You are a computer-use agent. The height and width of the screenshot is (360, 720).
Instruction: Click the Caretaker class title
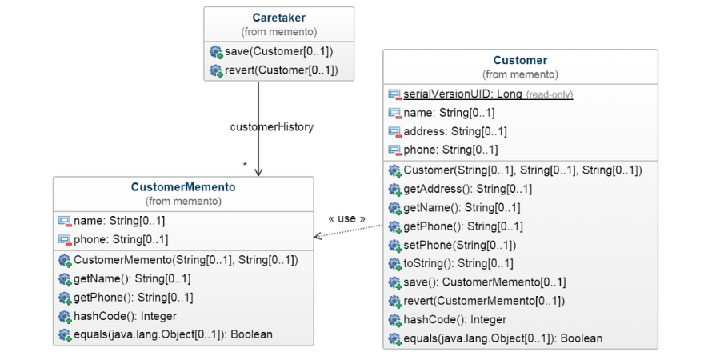(x=278, y=18)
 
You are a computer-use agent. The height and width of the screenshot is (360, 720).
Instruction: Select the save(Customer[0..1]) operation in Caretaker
(x=278, y=52)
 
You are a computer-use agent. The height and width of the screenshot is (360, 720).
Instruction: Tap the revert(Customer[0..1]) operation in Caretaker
(x=281, y=70)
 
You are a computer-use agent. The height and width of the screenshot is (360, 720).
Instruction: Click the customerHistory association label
(x=271, y=126)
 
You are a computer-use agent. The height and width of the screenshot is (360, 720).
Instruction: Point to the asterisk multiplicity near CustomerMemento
(x=245, y=166)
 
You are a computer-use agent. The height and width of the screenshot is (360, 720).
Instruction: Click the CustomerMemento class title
(x=183, y=187)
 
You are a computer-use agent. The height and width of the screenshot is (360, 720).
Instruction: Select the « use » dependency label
(x=346, y=218)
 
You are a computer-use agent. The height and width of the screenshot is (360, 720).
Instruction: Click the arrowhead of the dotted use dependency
(x=318, y=236)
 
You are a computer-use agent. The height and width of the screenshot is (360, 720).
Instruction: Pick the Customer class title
(x=520, y=60)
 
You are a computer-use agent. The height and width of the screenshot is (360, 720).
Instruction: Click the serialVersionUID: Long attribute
(x=462, y=94)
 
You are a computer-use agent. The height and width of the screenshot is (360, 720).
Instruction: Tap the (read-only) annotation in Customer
(x=549, y=94)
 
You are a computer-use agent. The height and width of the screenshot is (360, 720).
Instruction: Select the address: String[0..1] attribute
(x=454, y=131)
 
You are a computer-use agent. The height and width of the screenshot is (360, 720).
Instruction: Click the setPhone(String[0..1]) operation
(x=459, y=245)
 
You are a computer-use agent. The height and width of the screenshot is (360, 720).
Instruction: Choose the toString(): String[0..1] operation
(x=458, y=263)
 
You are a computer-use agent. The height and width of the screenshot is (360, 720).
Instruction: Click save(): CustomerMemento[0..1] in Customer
(x=484, y=282)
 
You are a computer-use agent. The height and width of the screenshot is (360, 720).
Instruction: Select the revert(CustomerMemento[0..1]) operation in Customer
(x=483, y=301)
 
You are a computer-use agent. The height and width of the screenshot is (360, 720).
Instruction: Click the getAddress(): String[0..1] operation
(x=467, y=189)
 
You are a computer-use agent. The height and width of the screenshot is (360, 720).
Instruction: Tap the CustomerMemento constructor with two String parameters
(x=186, y=260)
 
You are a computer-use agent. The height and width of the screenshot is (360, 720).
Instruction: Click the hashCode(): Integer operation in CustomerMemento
(x=125, y=316)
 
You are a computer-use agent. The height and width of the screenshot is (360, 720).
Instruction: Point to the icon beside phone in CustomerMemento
(x=64, y=239)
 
